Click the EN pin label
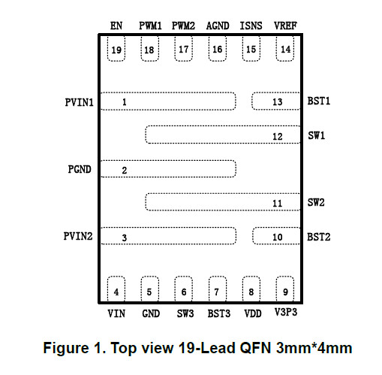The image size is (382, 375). coord(116,26)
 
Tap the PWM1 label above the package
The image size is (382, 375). coord(150,26)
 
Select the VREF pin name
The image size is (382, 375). coord(285,26)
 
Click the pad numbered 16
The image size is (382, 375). coord(218,49)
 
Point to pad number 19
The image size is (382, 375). coord(116,49)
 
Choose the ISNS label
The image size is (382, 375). coord(251,26)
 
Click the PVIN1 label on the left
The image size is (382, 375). coord(79,102)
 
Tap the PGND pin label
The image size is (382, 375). coord(80,169)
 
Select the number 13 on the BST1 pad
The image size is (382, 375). coord(278,102)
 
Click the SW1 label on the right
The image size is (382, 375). coord(317,135)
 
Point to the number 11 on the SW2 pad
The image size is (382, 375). coord(278,203)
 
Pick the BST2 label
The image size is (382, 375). coord(319,237)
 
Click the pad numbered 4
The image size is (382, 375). coord(116,289)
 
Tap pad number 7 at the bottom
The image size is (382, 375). coord(218,289)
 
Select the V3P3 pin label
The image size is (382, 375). coord(286,313)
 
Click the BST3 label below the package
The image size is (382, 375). coord(219,313)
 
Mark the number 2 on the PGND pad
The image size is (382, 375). coord(125,171)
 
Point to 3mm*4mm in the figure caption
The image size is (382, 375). coord(314,348)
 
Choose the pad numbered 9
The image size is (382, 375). coord(285,289)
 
